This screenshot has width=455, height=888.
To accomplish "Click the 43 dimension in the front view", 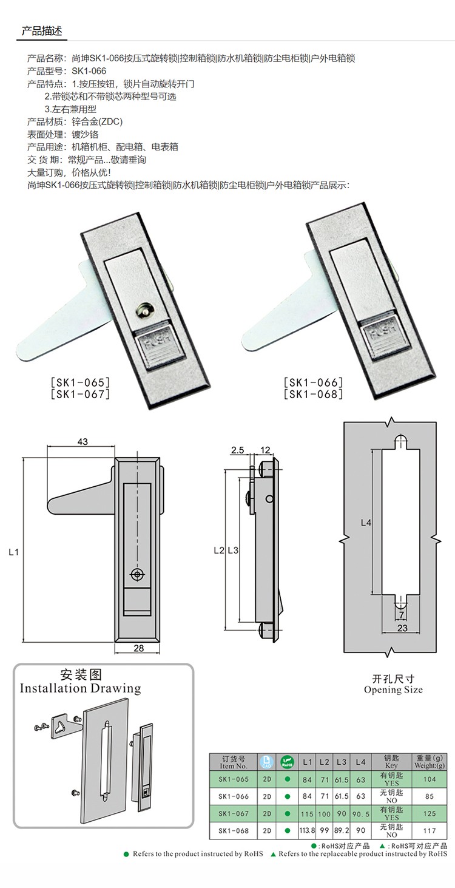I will coord(83,442).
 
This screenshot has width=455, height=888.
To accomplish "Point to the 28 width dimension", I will coord(138,648).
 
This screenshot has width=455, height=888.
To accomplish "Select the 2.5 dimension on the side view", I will coord(237,450).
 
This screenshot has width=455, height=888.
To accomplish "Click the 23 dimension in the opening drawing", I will coord(402,629).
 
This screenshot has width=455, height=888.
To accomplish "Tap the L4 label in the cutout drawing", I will coord(366,523).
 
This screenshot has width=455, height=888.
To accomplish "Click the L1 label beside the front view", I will coord(15,551).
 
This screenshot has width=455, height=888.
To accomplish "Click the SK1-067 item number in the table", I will coord(234,813).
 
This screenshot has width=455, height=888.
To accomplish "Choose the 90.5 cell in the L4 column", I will coord(361,813).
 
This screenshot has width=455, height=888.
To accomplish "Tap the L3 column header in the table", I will coord(342,761).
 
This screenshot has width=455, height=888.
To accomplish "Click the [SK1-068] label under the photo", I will coord(313,395).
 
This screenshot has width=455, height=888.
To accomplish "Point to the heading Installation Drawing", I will coord(80,688).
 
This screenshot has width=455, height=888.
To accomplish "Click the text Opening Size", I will coord(393,690).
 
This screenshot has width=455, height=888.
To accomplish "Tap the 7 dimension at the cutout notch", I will coord(402,614).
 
